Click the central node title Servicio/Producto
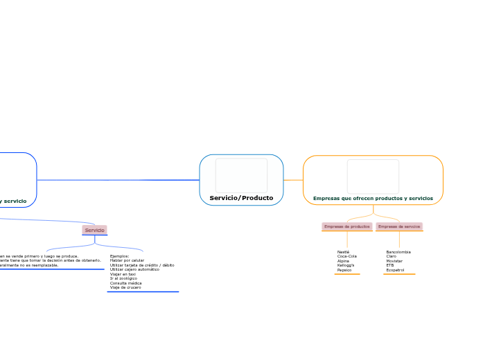[241, 198]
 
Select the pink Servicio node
[94, 230]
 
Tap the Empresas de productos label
[347, 226]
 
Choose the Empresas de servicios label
[399, 226]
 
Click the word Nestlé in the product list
[343, 252]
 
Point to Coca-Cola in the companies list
[347, 256]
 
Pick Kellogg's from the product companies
[346, 265]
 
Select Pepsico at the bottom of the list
[344, 270]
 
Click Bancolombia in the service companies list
[398, 252]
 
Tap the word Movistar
[395, 261]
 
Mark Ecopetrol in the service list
[395, 270]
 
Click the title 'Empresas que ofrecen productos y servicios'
[373, 198]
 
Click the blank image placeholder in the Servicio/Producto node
[241, 175]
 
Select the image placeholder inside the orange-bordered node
[373, 176]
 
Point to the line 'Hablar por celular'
[127, 260]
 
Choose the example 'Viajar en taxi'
[123, 274]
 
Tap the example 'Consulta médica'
[125, 283]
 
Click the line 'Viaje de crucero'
[125, 287]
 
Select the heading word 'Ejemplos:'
[119, 256]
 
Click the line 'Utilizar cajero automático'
[134, 269]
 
